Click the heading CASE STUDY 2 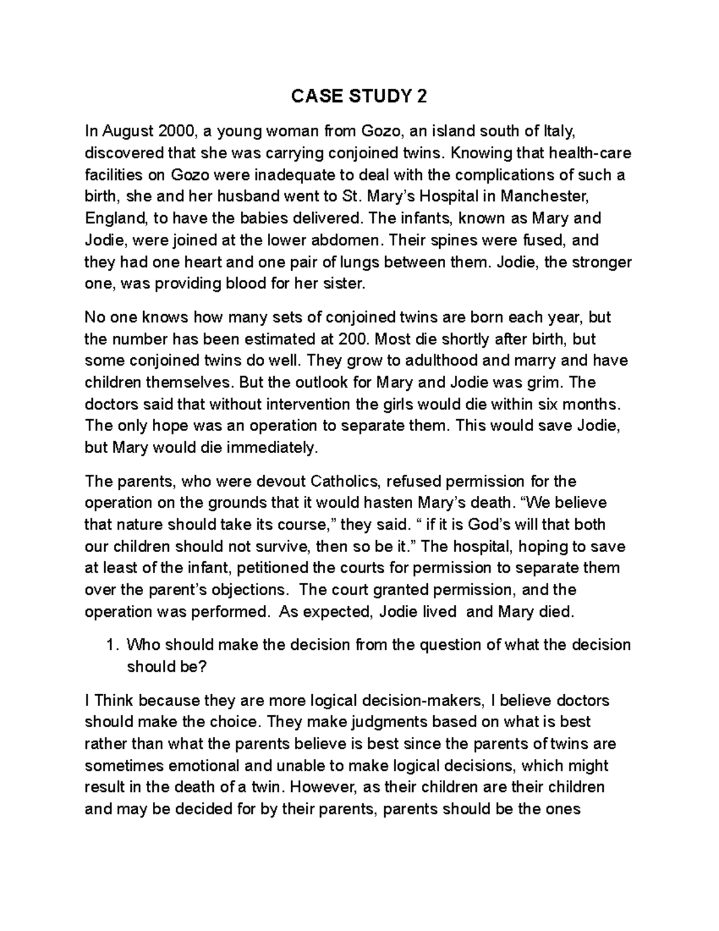pyautogui.click(x=359, y=97)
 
